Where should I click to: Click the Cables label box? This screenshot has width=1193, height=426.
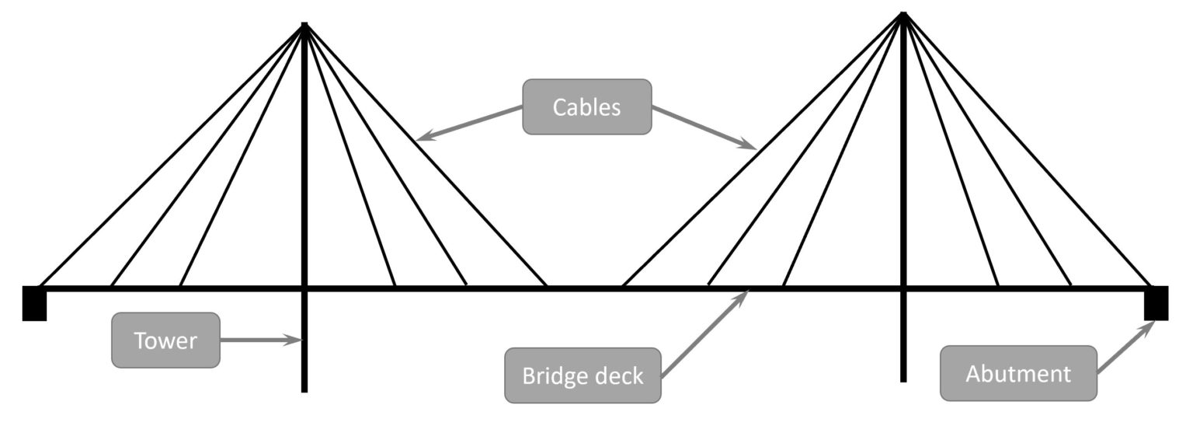point(586,106)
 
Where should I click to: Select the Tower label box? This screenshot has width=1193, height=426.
point(165,340)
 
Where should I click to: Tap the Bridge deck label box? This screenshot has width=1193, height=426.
point(583,375)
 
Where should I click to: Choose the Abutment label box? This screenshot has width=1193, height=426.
point(1017,374)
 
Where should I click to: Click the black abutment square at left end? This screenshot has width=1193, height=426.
point(35,303)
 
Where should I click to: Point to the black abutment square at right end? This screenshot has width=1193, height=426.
point(1156,303)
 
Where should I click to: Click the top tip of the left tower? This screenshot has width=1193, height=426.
point(304,26)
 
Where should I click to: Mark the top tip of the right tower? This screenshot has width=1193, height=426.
point(903,15)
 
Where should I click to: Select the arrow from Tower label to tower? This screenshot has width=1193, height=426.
point(260,340)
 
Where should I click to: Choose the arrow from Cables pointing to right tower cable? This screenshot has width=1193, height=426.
point(703,127)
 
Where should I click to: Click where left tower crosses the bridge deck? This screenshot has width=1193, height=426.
point(304,289)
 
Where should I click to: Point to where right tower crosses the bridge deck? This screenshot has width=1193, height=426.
point(903,289)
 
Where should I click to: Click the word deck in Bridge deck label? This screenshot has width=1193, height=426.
point(615,376)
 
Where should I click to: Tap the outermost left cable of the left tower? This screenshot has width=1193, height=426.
point(171,155)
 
